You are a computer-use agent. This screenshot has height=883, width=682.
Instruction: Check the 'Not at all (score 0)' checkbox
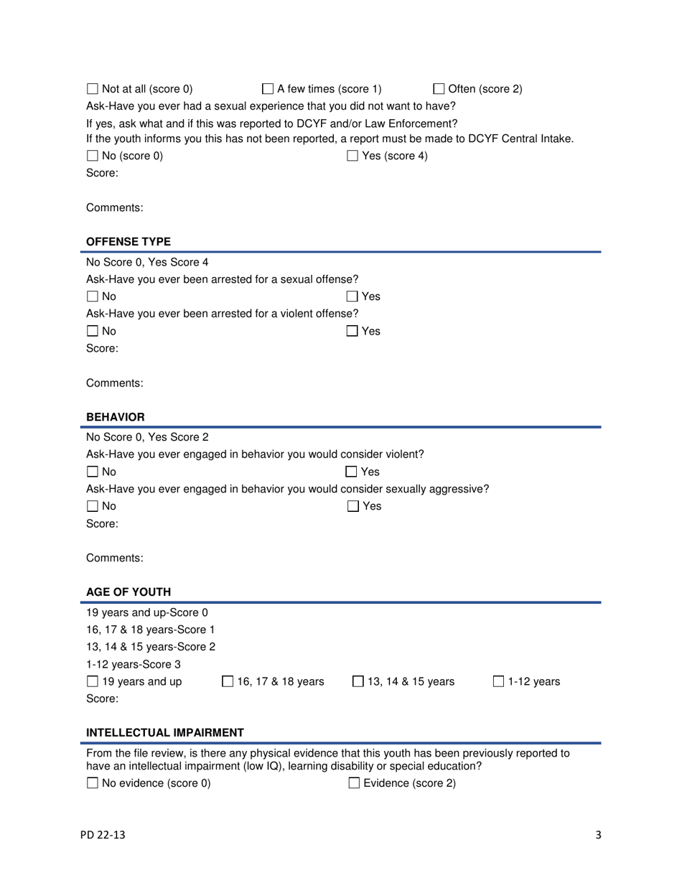pos(93,90)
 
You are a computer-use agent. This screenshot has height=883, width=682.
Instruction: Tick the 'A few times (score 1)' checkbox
pos(267,90)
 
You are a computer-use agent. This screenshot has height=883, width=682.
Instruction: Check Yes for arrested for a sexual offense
pos(352,296)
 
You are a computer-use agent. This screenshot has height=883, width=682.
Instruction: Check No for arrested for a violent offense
pos(93,331)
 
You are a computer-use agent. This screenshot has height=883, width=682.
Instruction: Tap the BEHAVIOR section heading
pos(116,416)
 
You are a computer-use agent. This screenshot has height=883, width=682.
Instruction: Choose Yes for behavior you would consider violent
pos(352,472)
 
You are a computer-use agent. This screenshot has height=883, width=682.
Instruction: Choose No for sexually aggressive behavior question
pos(93,507)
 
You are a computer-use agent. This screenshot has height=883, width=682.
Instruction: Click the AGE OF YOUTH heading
pos(129,592)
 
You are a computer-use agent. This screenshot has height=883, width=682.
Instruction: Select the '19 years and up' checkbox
pos(93,681)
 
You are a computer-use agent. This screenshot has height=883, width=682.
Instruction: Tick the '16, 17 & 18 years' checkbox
pos(227,681)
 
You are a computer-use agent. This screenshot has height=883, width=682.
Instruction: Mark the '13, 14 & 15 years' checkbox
pos(358,681)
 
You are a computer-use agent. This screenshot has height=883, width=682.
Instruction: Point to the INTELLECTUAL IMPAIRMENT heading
pos(165,732)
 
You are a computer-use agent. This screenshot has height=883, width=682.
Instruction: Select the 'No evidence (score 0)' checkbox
pos(93,784)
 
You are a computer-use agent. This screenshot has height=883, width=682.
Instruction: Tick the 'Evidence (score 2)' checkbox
pos(353,784)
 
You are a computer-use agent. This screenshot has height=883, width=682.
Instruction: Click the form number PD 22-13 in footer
pos(105,835)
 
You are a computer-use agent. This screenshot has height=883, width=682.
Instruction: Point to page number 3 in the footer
pos(597,835)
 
